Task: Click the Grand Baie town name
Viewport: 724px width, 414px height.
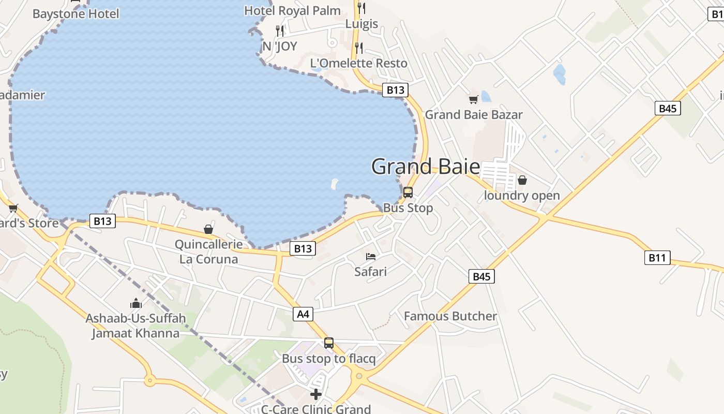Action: click(425, 167)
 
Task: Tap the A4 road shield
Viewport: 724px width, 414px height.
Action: click(304, 314)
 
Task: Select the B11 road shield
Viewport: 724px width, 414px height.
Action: click(657, 258)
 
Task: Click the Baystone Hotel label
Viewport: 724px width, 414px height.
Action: click(76, 14)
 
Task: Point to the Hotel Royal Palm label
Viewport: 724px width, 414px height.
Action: click(292, 11)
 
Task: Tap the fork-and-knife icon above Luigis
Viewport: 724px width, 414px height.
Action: click(361, 8)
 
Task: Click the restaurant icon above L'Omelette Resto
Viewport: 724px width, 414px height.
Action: click(358, 48)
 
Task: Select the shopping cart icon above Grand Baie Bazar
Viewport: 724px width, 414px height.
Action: click(473, 99)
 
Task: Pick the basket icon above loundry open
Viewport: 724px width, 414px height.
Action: click(522, 180)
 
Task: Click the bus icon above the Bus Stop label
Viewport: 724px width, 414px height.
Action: click(408, 193)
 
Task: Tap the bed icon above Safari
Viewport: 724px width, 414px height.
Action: click(370, 256)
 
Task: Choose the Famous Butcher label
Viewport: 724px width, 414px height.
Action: click(450, 316)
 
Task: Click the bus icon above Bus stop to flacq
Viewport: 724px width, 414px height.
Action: click(329, 343)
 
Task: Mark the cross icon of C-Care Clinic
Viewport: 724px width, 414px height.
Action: click(315, 394)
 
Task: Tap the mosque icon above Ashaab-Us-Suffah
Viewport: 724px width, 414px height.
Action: click(136, 303)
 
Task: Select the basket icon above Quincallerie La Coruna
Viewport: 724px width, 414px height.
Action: click(208, 229)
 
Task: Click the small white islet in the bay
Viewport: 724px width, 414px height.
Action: click(334, 183)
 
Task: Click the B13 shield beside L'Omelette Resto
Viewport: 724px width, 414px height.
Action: click(395, 90)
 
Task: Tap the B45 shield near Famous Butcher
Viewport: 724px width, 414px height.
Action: click(481, 276)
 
